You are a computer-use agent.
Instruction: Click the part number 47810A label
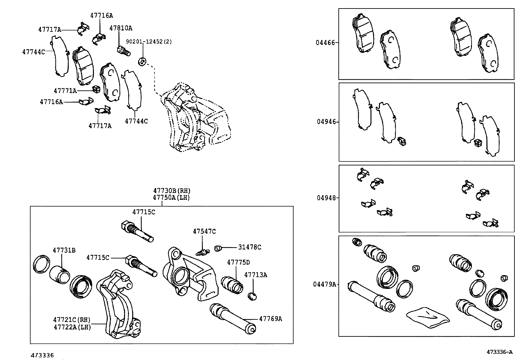(x=120, y=28)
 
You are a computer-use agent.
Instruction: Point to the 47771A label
(x=65, y=90)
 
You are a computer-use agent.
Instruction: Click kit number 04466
(x=325, y=43)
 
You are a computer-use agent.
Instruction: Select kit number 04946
(x=326, y=122)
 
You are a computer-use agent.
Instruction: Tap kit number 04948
(x=326, y=198)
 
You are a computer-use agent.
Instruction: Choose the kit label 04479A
(x=324, y=284)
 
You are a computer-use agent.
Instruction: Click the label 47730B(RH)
(x=172, y=191)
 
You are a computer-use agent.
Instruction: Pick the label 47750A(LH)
(x=171, y=198)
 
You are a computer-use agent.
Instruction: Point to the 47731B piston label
(x=64, y=250)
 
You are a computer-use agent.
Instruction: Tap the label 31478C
(x=249, y=247)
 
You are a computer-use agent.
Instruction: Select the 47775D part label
(x=238, y=262)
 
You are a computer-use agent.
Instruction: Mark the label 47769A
(x=270, y=318)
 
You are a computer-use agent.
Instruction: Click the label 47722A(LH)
(x=72, y=327)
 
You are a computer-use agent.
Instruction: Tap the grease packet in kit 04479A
(x=428, y=317)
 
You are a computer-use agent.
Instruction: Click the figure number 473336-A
(x=499, y=352)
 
